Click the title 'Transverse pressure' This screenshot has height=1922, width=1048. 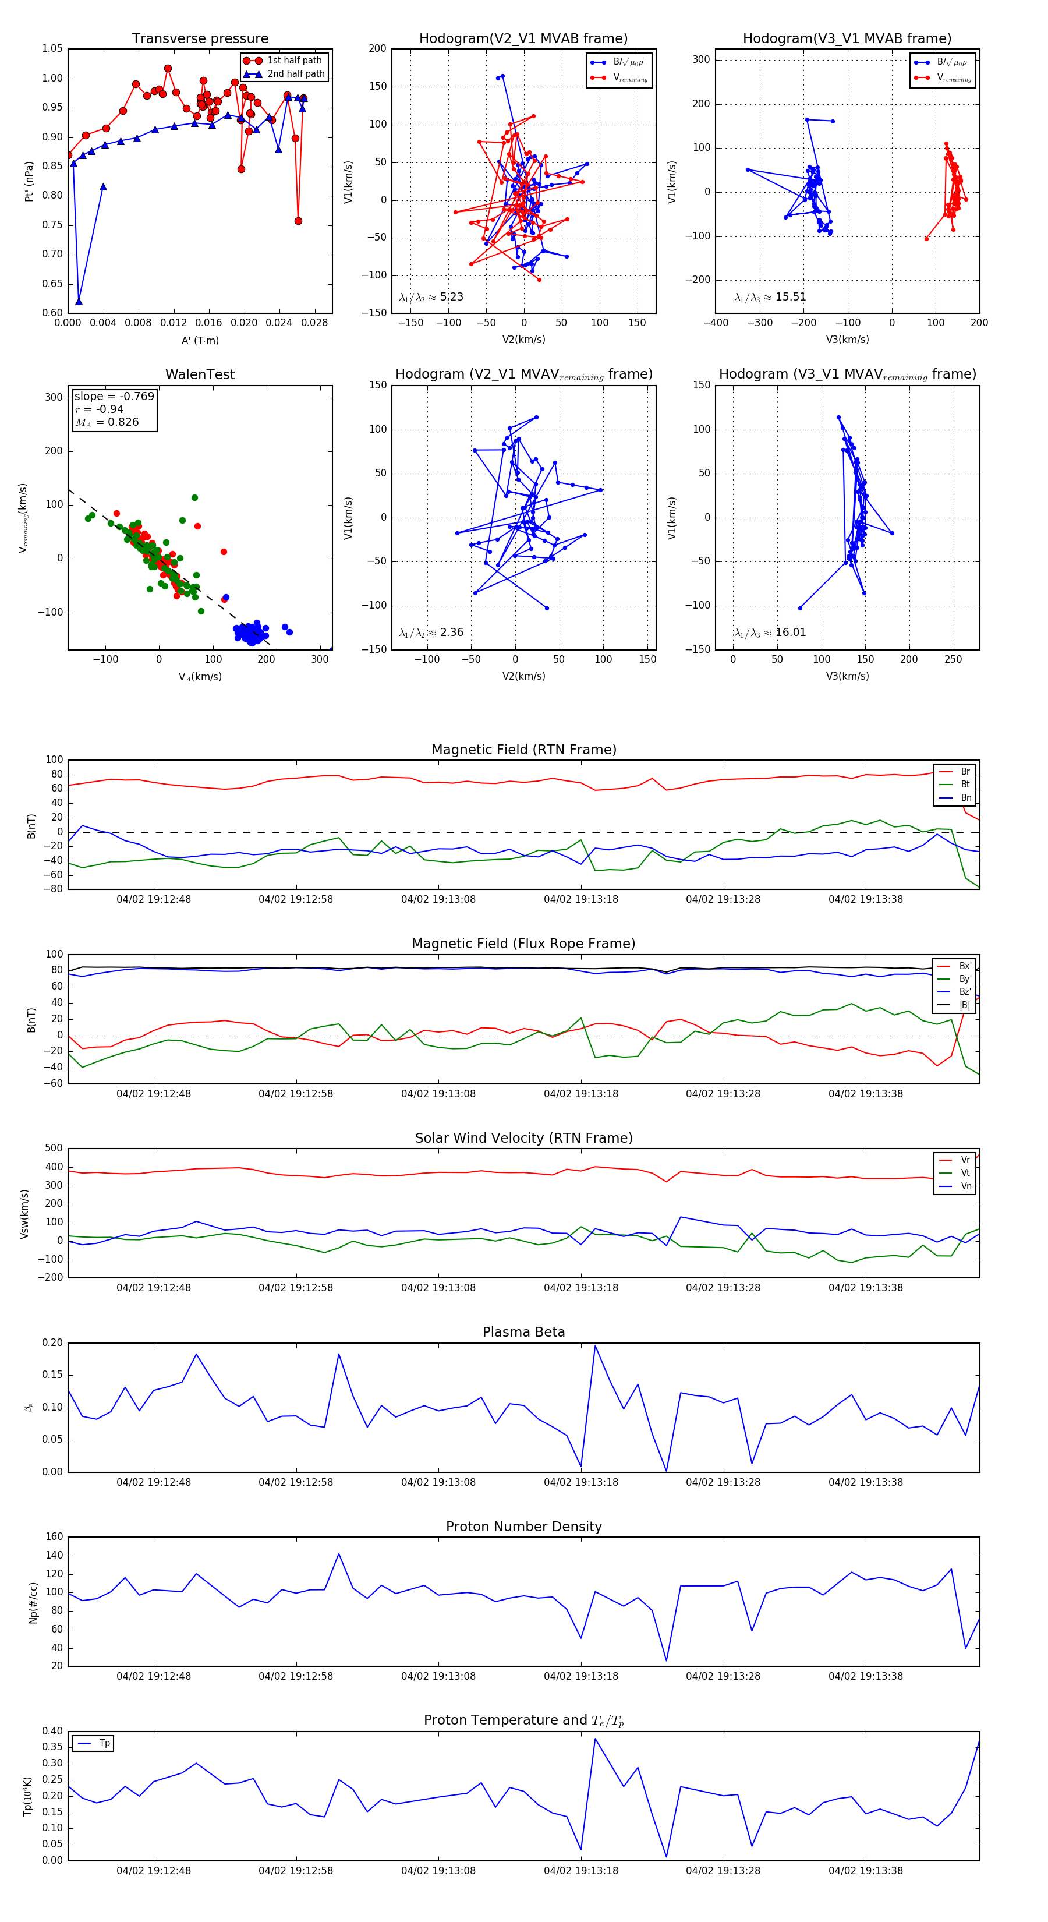[x=200, y=39]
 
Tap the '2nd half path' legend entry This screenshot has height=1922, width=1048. [x=295, y=74]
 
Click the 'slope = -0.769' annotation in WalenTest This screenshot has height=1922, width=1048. [x=114, y=396]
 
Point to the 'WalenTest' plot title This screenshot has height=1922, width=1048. [x=200, y=374]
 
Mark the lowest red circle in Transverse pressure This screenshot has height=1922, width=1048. [x=298, y=221]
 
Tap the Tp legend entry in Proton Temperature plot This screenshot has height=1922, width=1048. [x=104, y=1744]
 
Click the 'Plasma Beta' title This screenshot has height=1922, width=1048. [x=523, y=1333]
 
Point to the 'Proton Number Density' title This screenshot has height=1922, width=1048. [x=523, y=1527]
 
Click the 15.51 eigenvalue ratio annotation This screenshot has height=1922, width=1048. [x=770, y=297]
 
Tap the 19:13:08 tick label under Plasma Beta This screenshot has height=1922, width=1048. [x=438, y=1482]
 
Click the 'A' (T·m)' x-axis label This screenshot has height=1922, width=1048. [x=200, y=340]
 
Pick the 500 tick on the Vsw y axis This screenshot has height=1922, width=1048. [x=54, y=1149]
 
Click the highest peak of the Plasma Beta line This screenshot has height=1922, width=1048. [x=595, y=1346]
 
